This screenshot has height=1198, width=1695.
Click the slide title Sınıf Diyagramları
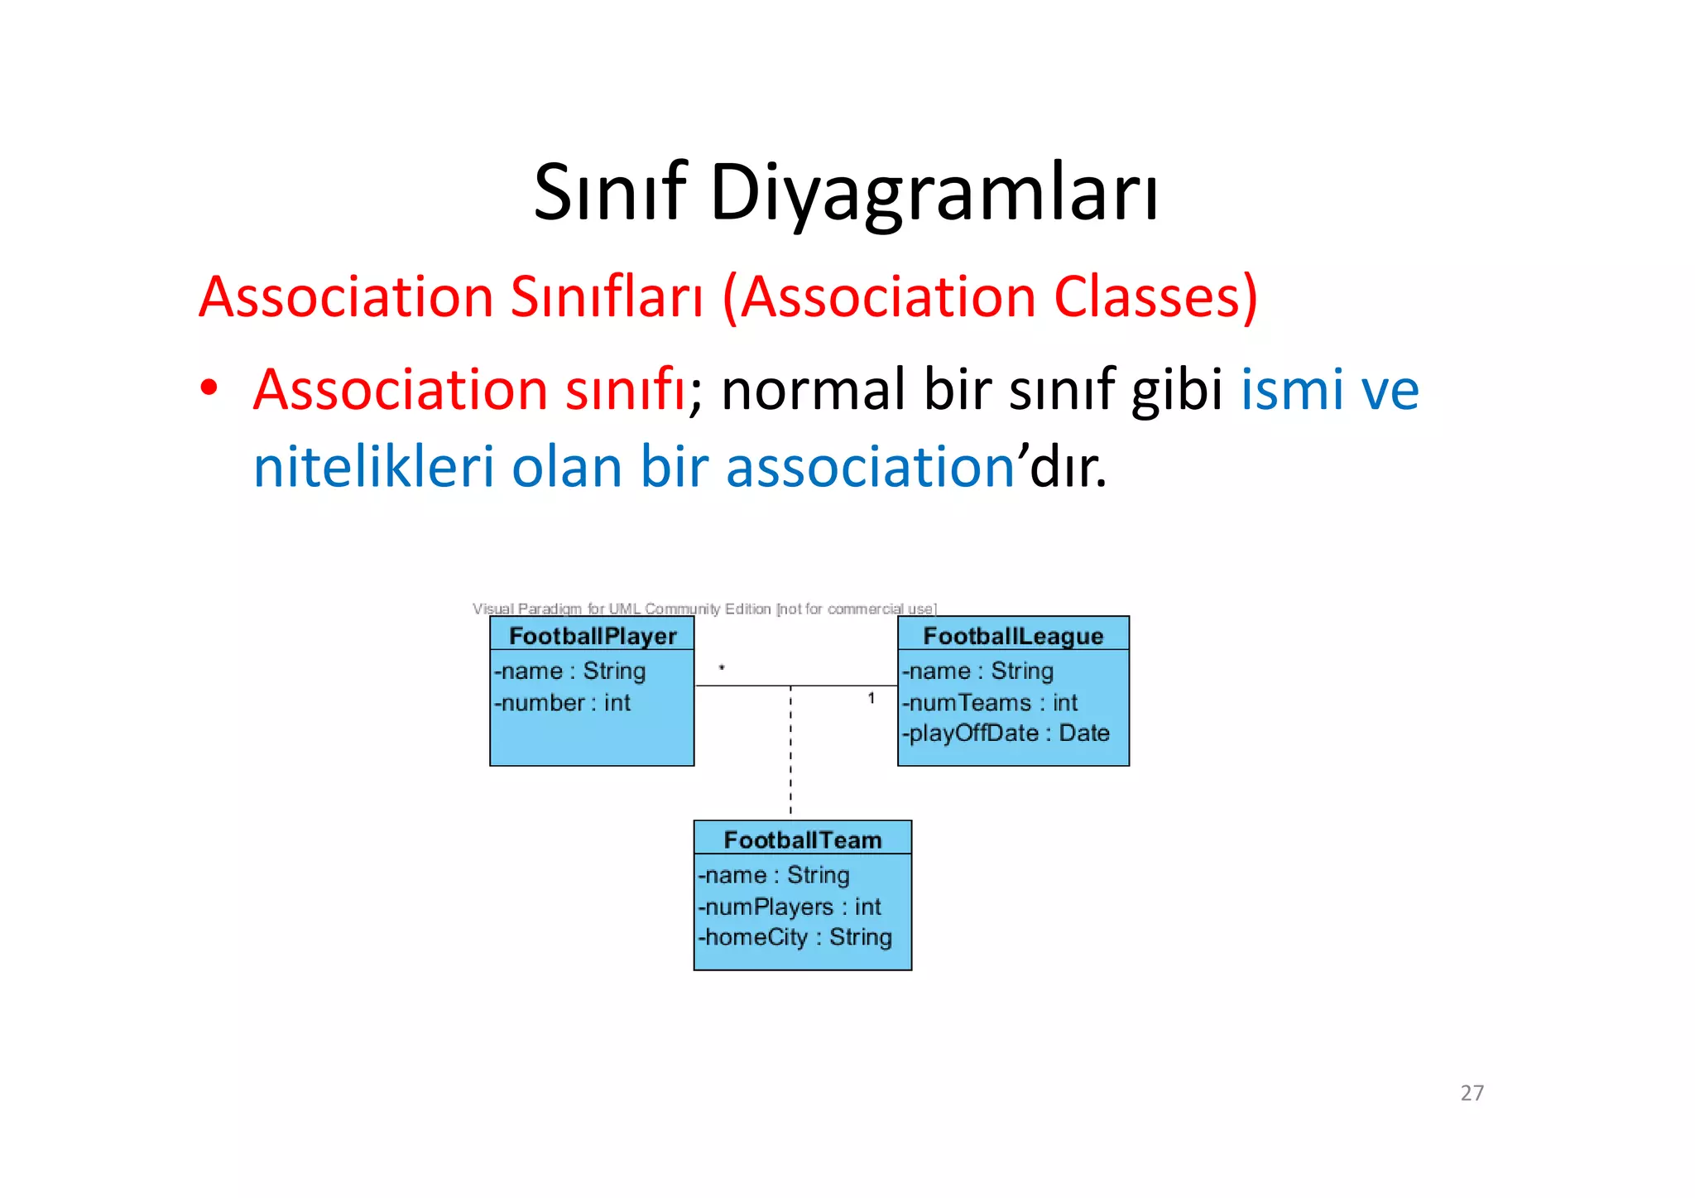point(846,192)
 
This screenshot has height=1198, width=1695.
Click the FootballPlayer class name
point(593,636)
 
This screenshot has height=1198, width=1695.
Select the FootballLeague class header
point(1013,636)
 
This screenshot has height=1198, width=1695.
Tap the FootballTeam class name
point(802,840)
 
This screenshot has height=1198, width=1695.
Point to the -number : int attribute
point(563,703)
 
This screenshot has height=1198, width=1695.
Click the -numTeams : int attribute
point(990,703)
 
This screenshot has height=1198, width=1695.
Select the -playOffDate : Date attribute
point(1006,734)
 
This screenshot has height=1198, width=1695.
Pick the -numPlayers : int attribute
point(790,907)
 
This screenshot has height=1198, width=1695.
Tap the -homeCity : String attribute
point(795,937)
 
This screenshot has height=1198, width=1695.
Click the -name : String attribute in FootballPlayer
point(569,671)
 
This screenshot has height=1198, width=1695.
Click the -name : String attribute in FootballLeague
point(977,671)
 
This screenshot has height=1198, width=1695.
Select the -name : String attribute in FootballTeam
point(774,875)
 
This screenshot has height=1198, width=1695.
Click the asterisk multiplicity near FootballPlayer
point(722,667)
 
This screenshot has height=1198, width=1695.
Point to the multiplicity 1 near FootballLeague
point(872,699)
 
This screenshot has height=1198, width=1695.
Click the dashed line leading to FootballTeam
point(790,753)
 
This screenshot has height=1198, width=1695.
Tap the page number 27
point(1472,1093)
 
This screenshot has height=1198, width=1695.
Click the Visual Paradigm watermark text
point(704,609)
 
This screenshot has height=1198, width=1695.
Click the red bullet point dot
point(209,387)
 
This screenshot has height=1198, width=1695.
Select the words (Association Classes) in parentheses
point(990,296)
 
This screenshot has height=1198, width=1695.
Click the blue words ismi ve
point(1329,389)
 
